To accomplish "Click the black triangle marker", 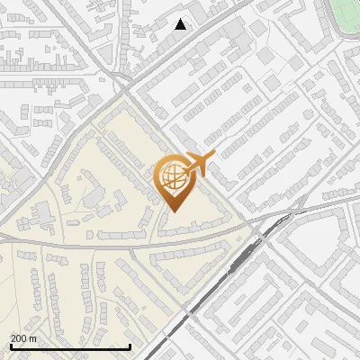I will coord(181,24).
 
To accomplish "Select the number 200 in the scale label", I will coord(20,338).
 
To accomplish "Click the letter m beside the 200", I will coord(34,338).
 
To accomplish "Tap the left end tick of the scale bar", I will coord(10,346).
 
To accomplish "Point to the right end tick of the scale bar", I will coord(130,346).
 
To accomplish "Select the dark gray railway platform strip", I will coord(236,265).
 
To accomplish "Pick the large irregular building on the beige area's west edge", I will coord(41,214).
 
